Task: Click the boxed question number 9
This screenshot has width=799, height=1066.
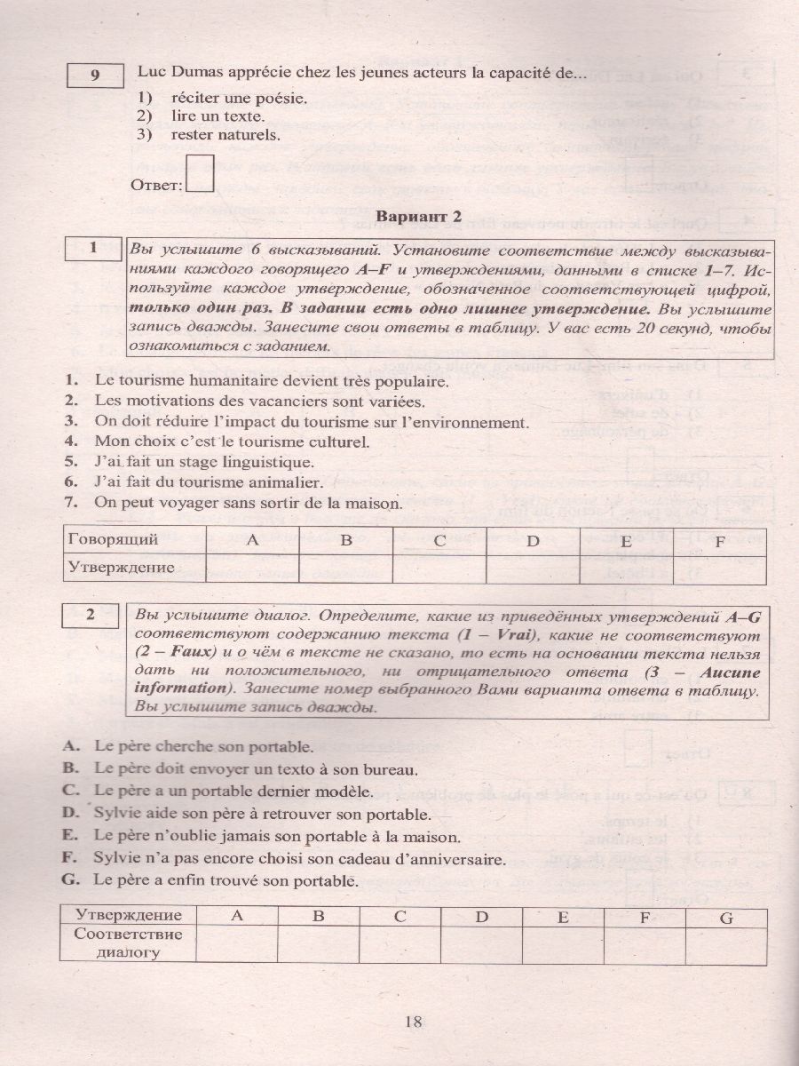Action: [95, 76]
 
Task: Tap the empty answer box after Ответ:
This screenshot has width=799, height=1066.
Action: [202, 174]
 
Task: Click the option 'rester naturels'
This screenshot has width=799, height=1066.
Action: [225, 135]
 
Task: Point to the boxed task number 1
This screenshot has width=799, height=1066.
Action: [94, 249]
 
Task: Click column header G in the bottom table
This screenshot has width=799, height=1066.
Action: [726, 916]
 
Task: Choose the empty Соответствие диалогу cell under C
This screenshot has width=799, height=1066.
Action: [399, 943]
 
